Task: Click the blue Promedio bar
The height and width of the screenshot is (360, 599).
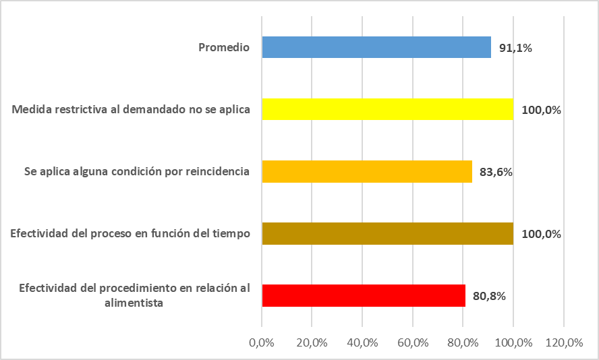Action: click(376, 47)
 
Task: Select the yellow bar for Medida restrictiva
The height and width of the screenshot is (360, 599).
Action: click(388, 109)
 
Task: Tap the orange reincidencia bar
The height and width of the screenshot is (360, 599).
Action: click(367, 171)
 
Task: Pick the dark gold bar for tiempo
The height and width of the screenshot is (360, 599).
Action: click(388, 233)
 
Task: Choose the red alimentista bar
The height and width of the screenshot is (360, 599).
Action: click(364, 295)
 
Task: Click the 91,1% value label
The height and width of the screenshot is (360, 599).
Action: click(515, 48)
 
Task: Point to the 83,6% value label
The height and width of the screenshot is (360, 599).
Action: click(496, 172)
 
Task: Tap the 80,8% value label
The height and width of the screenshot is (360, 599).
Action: click(489, 296)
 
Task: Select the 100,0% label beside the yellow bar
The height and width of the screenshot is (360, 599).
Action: click(542, 110)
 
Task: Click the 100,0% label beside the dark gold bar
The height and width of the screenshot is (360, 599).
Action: click(542, 234)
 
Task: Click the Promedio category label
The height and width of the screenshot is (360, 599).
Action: click(224, 47)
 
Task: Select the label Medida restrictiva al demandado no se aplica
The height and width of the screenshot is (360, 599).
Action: click(132, 109)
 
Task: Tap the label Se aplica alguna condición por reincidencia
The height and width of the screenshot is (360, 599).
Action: click(136, 171)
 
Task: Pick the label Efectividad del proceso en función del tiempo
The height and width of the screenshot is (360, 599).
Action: click(130, 233)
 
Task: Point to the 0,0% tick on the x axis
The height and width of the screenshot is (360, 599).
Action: click(262, 342)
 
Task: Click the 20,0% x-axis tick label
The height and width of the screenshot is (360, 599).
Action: click(312, 342)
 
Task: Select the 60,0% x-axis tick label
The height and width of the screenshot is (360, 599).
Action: click(412, 342)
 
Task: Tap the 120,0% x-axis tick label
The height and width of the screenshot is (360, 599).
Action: click(563, 342)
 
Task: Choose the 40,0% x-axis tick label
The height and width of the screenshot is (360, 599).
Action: click(362, 342)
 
